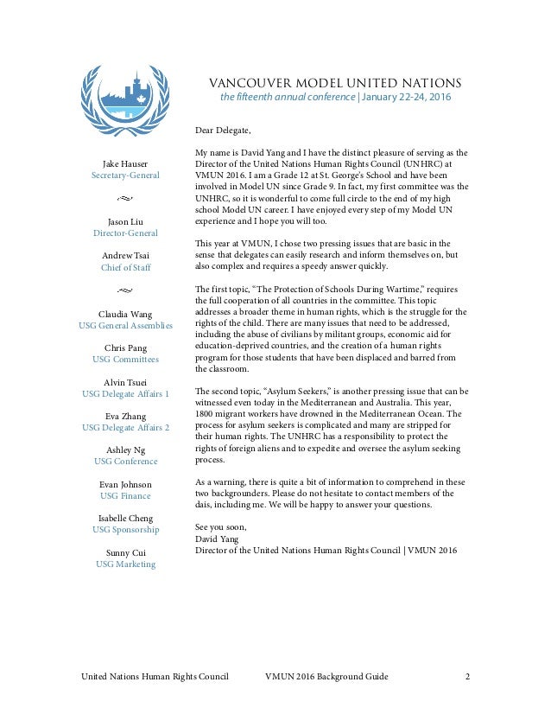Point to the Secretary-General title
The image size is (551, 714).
click(x=125, y=175)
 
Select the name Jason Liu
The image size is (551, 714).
click(x=125, y=220)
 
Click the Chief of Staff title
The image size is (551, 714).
click(x=125, y=267)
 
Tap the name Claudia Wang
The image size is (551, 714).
click(x=125, y=313)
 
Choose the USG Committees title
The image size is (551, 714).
click(x=125, y=359)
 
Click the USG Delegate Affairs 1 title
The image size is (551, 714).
click(x=125, y=393)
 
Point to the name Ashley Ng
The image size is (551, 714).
click(x=125, y=449)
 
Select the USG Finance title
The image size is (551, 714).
click(x=125, y=495)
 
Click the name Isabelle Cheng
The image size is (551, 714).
click(x=125, y=517)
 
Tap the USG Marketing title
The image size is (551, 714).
click(x=125, y=564)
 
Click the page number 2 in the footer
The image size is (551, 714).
click(x=467, y=675)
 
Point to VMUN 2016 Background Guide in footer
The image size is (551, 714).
click(x=326, y=675)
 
